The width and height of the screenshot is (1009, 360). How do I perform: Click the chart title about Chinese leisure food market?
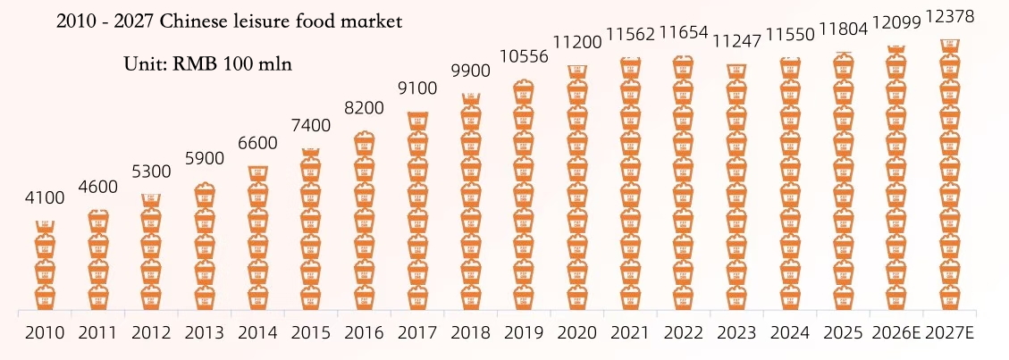tap(229, 21)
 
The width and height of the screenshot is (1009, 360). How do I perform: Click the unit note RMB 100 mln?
tap(208, 63)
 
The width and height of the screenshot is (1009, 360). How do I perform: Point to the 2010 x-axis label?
tap(45, 333)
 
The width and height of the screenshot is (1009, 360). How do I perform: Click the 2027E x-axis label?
tap(949, 333)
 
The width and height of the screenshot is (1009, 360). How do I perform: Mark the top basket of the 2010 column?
tap(46, 227)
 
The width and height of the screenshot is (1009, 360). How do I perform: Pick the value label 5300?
tap(151, 172)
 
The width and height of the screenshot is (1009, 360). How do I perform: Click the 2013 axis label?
tap(204, 333)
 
